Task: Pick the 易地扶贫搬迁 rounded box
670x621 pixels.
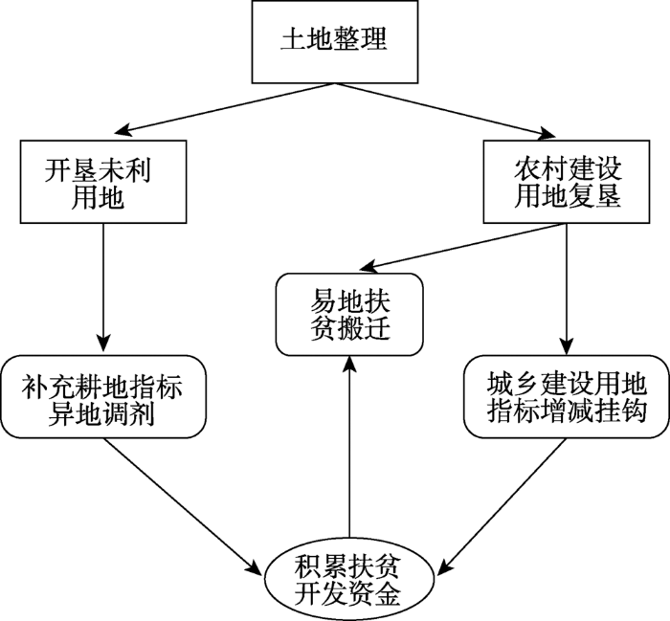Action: (348, 313)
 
